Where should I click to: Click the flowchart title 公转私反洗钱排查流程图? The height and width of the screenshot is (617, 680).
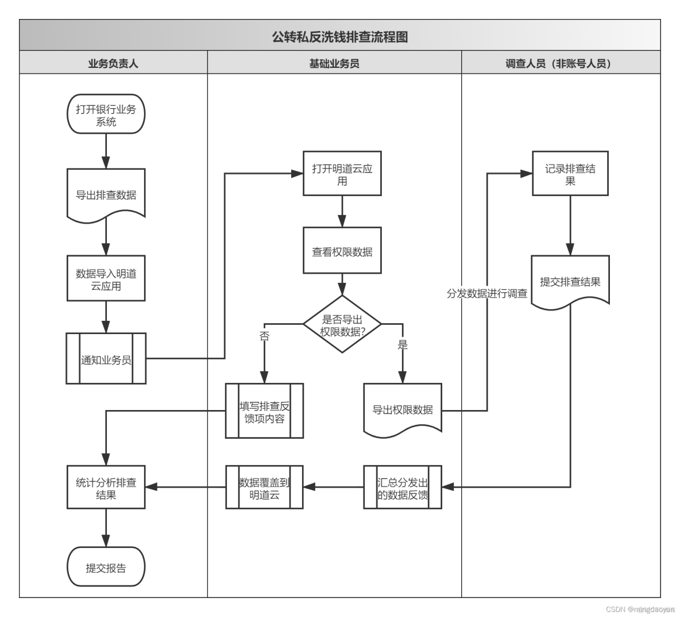339,37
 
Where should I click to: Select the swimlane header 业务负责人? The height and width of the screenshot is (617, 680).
113,63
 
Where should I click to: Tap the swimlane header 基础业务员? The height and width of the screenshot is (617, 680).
334,63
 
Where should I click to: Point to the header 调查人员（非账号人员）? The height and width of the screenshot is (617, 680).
560,63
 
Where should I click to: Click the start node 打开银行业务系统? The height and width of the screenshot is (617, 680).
106,114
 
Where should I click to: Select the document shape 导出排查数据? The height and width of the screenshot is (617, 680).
106,194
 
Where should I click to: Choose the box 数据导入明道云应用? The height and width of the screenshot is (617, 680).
106,279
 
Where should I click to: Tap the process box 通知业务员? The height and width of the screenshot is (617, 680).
106,359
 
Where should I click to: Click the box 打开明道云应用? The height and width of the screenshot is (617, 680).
342,174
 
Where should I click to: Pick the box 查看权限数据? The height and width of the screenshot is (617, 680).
342,252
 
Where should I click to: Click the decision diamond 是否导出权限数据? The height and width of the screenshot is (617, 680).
342,325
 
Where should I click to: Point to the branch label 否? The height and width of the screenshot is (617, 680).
264,336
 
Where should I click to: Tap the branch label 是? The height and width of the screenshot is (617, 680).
403,345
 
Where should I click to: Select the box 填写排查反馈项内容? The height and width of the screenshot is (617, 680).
264,412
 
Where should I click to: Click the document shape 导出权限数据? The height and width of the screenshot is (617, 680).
403,409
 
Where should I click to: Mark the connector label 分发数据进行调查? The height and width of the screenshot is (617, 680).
487,293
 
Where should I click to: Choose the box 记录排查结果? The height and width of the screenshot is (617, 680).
570,174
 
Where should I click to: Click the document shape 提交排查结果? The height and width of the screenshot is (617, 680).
570,281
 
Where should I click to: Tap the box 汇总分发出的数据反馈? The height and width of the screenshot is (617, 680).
403,488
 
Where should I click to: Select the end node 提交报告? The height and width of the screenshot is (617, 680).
106,568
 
